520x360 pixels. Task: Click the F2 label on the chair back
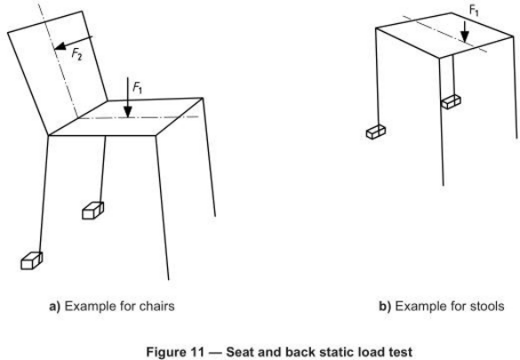[x=76, y=54]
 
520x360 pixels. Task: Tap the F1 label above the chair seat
[x=137, y=88]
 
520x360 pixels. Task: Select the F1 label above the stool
[x=475, y=11]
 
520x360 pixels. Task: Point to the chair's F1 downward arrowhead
[x=128, y=112]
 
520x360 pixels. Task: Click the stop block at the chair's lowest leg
[x=32, y=260]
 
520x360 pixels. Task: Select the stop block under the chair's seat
[x=92, y=211]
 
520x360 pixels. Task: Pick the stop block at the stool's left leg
[x=376, y=132]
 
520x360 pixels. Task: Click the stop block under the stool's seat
[x=451, y=101]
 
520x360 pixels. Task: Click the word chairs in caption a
[x=156, y=307]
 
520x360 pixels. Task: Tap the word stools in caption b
[x=487, y=307]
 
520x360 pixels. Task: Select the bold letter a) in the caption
[x=55, y=307]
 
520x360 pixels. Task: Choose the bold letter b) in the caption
[x=385, y=307]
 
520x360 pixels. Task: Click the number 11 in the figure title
[x=197, y=352]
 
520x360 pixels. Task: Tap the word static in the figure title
[x=336, y=352]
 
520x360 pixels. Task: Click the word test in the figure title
[x=401, y=352]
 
